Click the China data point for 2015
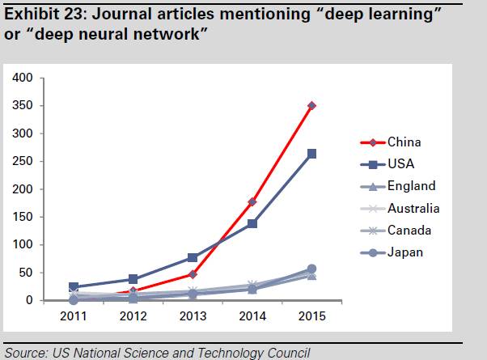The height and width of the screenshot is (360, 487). click(x=311, y=106)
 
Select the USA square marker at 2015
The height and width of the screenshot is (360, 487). click(x=311, y=154)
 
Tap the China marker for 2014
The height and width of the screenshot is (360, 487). click(x=252, y=201)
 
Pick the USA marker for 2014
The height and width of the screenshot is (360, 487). click(x=252, y=223)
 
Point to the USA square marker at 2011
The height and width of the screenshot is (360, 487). click(x=74, y=287)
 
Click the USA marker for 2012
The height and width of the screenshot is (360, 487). click(x=133, y=279)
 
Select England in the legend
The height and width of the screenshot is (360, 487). click(x=411, y=186)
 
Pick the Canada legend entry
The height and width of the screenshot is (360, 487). click(x=409, y=231)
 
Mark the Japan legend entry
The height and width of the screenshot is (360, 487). click(x=406, y=252)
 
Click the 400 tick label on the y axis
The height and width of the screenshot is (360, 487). click(x=22, y=78)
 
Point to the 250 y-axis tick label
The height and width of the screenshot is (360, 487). click(x=22, y=161)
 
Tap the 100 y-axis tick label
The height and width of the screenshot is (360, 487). click(x=22, y=245)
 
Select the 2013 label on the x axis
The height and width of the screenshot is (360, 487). click(x=193, y=316)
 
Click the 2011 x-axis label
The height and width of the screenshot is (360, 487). click(x=74, y=316)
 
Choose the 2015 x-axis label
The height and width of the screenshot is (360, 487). click(x=311, y=316)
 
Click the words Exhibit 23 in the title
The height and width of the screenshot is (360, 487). click(x=36, y=11)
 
